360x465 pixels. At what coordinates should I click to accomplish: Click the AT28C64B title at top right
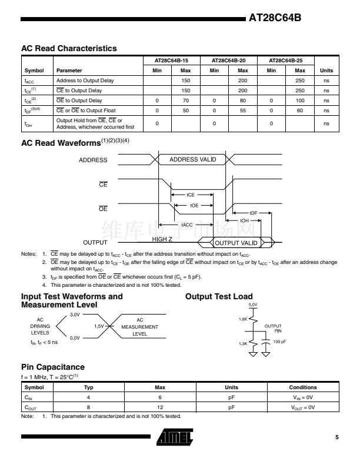tap(275, 18)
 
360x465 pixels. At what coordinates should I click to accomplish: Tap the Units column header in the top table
tap(326, 71)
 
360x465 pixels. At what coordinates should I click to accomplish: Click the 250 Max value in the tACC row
tap(299, 81)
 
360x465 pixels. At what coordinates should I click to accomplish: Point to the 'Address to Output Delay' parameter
tap(85, 81)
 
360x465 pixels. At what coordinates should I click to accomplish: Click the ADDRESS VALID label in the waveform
tap(192, 159)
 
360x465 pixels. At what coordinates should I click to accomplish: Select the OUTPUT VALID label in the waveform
tap(236, 243)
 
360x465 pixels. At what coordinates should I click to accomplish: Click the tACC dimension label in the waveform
tap(186, 225)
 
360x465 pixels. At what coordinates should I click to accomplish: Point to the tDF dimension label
tap(254, 213)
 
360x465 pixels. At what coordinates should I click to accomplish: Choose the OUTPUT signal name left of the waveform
tap(95, 242)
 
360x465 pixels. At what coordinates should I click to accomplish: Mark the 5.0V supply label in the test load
tap(253, 305)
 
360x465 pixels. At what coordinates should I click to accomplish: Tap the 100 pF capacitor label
tap(279, 342)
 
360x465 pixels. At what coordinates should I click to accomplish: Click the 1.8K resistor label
tap(243, 319)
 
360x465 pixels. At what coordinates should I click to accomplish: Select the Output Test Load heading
tap(219, 296)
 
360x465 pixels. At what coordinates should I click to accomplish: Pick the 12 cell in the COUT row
tap(159, 407)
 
